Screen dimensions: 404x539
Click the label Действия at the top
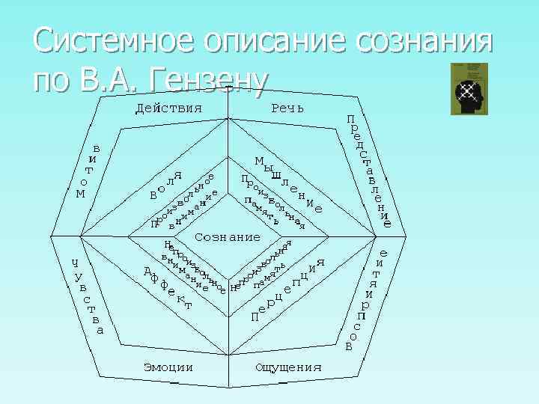pyautogui.click(x=168, y=108)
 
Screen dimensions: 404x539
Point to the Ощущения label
pyautogui.click(x=288, y=367)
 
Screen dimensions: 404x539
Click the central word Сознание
pyautogui.click(x=228, y=237)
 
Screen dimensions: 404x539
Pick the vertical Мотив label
pyautogui.click(x=88, y=171)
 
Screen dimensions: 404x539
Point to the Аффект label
pyautogui.click(x=168, y=287)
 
